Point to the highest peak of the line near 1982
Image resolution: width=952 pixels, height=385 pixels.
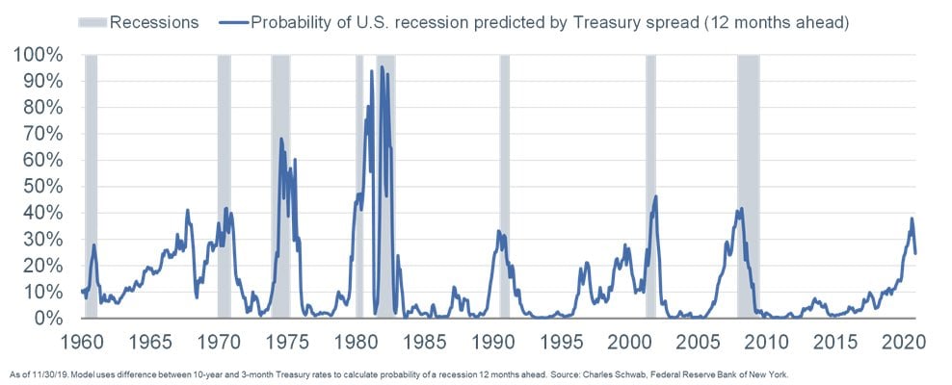382,67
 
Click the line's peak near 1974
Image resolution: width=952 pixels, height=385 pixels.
281,140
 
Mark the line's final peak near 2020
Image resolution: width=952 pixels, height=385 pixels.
911,218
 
